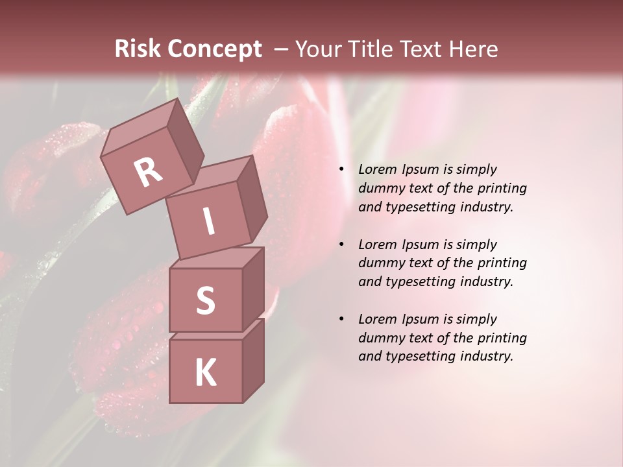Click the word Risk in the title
coord(136,49)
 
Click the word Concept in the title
coord(215,49)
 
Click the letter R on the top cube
coord(148,172)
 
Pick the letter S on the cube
coord(205,300)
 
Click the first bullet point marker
coord(341,170)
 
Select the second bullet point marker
coord(341,245)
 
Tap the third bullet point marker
coord(341,320)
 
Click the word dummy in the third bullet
coord(380,338)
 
